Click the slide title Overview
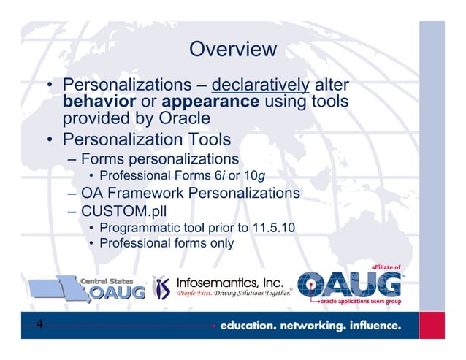coord(232,50)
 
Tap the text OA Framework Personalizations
coord(191,194)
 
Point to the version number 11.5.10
coord(270,228)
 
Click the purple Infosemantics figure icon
coord(162,288)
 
